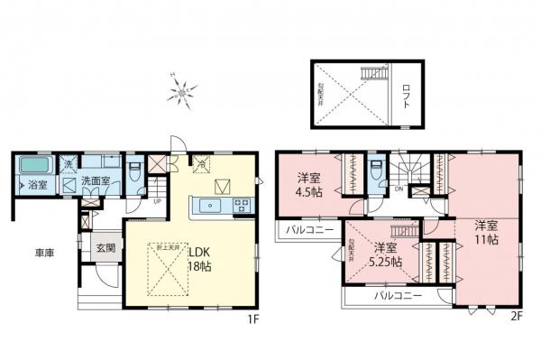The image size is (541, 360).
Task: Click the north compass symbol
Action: tap(184, 89)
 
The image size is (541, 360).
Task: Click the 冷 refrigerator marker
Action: tap(202, 163)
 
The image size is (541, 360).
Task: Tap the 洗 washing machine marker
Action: tap(69, 163)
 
